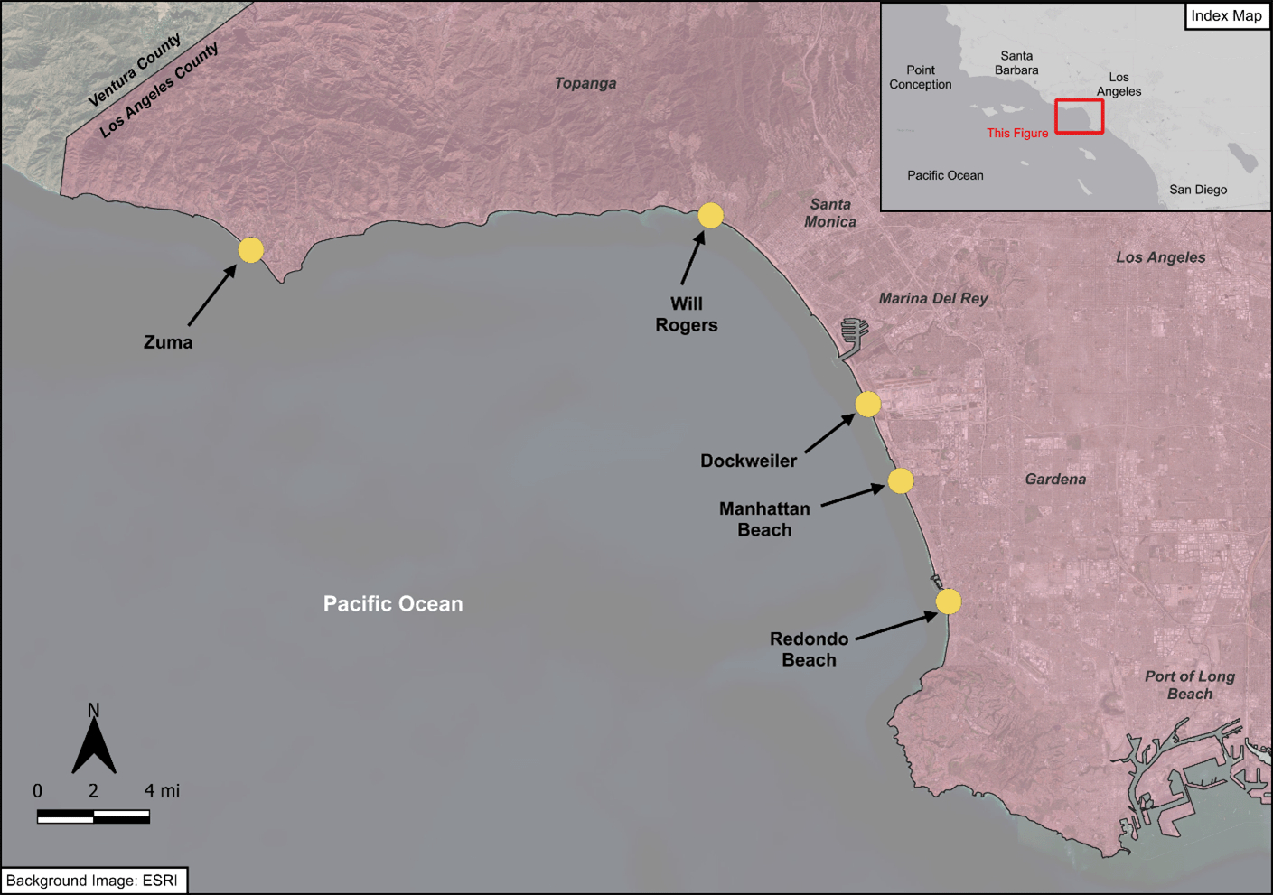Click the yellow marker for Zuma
pos(250,250)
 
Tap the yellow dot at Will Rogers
pos(710,216)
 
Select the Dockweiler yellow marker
pos(867,404)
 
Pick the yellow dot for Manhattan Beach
pos(900,480)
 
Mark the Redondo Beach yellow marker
pos(948,601)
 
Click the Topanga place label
pos(585,84)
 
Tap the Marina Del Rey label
pos(933,299)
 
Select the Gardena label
pos(1055,480)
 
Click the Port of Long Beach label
pos(1189,685)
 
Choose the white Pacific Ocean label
pos(393,604)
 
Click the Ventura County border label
pos(135,70)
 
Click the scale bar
pos(93,817)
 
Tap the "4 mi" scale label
pos(162,791)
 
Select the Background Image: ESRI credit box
pos(93,881)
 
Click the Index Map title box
pos(1226,16)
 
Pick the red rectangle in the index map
pos(1080,117)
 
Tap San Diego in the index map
pos(1198,190)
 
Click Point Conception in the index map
pos(920,78)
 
